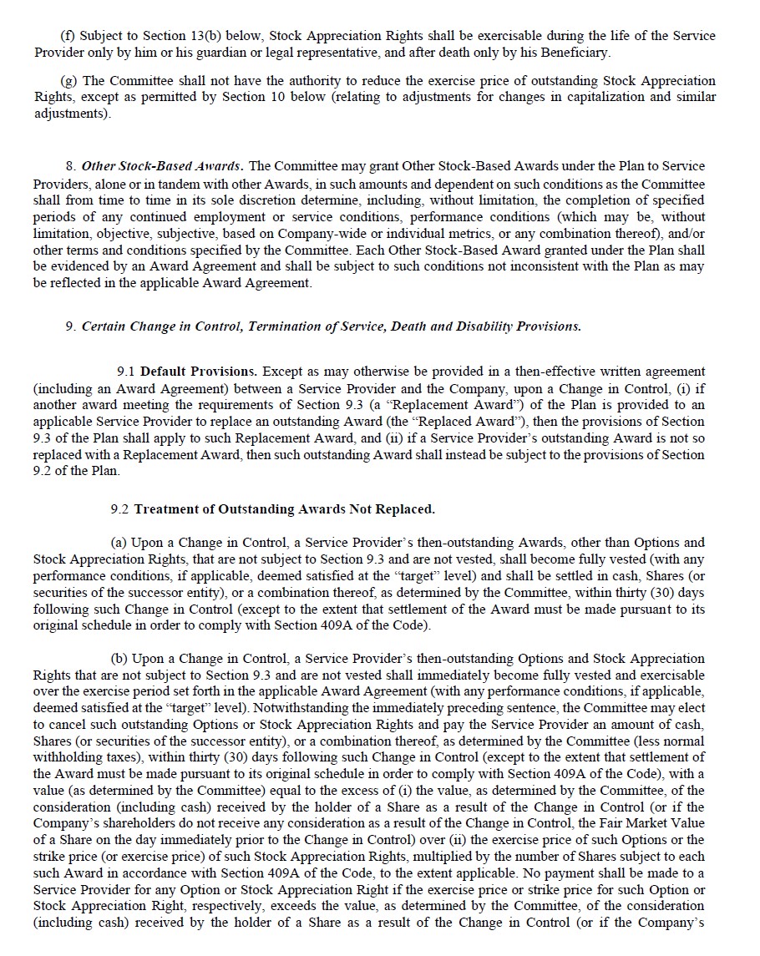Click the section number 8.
coord(71,166)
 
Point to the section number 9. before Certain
coord(71,326)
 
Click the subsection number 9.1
coord(126,371)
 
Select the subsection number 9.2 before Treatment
coord(119,508)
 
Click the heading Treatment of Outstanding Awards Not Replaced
coord(285,508)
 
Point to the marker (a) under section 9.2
coord(120,543)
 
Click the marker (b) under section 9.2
coord(120,659)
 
